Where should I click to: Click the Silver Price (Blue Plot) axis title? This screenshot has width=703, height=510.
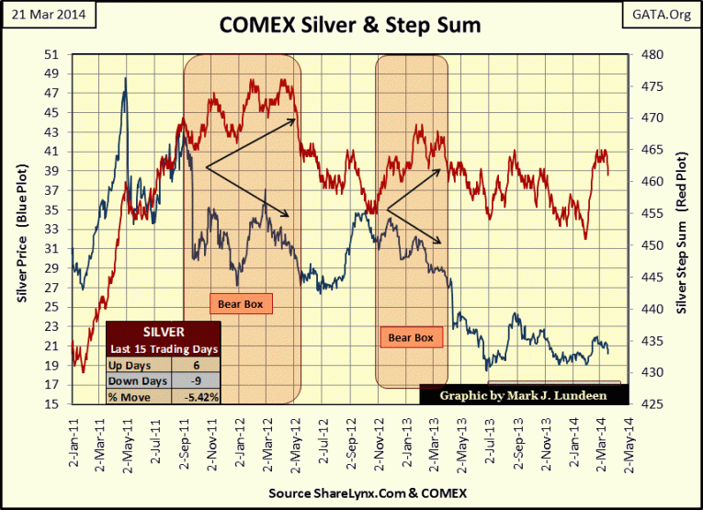22,229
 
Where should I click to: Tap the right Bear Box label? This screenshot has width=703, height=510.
411,338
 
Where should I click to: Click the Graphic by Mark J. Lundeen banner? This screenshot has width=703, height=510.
525,395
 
